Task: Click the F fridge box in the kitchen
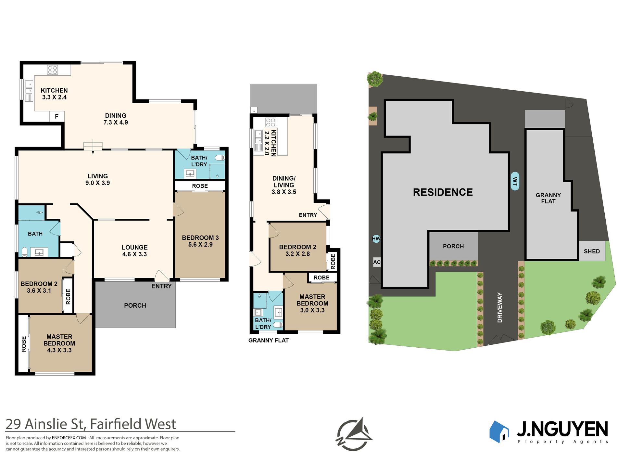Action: tap(57, 116)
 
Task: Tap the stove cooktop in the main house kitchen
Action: tap(53, 70)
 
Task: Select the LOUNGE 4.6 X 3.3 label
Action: tap(134, 251)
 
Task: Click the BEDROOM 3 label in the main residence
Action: tap(200, 238)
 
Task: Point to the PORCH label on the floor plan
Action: tap(135, 305)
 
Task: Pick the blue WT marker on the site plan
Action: tap(515, 181)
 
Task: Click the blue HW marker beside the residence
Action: tap(376, 239)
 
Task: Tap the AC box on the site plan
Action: tap(377, 262)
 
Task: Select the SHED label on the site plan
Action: tap(592, 251)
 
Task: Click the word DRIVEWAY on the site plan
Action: tap(500, 307)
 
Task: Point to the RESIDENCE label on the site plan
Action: tap(443, 192)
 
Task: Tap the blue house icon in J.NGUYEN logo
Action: tap(499, 431)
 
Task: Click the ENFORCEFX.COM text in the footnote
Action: tap(69, 438)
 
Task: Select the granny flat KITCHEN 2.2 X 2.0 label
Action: tap(270, 143)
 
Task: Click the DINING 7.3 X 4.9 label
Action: tap(116, 119)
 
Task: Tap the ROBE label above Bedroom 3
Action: tap(200, 186)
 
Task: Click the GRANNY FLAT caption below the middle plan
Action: tap(269, 340)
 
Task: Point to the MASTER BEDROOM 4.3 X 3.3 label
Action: tap(59, 343)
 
